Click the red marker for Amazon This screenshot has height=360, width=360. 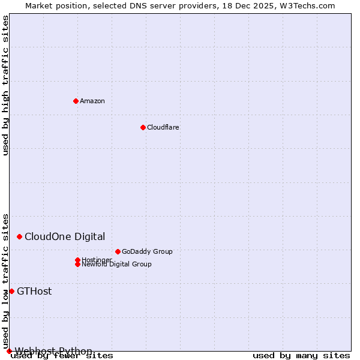(x=76, y=101)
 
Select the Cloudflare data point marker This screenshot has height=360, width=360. (x=143, y=127)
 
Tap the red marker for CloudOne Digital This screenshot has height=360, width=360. (x=20, y=237)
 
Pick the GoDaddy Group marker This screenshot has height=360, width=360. (x=118, y=251)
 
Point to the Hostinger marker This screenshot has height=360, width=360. (x=77, y=260)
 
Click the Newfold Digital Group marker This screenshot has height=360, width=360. (x=77, y=264)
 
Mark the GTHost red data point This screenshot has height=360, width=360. (x=11, y=292)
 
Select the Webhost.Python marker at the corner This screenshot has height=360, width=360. (x=9, y=351)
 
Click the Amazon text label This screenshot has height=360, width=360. (x=92, y=101)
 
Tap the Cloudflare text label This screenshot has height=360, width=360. (x=163, y=127)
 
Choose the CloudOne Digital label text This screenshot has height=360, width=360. (x=65, y=237)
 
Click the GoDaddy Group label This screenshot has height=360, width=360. (x=147, y=251)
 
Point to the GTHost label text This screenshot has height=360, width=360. (x=34, y=292)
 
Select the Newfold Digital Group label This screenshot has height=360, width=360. (x=116, y=264)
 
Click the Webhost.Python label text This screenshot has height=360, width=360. (x=53, y=351)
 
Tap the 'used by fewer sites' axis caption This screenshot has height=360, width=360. (x=62, y=356)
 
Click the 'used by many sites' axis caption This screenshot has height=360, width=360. (x=301, y=356)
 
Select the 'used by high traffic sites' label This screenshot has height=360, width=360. (x=6, y=86)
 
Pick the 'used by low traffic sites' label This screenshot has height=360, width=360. (x=6, y=281)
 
